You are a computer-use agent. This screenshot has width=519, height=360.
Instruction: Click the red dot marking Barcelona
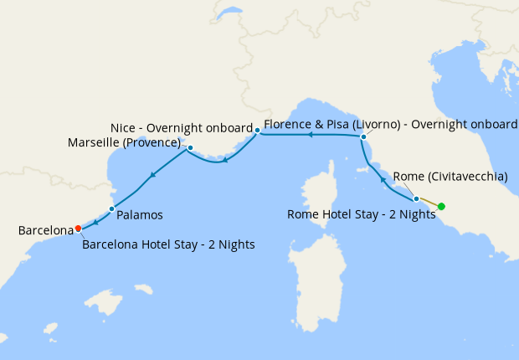(x=78, y=228)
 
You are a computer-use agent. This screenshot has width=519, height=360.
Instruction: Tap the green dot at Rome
(x=441, y=206)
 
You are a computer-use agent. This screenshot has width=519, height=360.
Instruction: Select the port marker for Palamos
(x=111, y=208)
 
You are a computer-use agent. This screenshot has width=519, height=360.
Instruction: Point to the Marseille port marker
(x=191, y=148)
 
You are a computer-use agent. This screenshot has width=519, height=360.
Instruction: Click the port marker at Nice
(x=257, y=130)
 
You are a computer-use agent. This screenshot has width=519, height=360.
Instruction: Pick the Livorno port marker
(x=363, y=136)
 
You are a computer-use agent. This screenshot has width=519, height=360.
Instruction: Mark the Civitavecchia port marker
(x=416, y=198)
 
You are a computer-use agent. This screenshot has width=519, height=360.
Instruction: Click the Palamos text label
(x=140, y=215)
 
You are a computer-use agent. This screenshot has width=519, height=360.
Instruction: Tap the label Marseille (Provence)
(x=126, y=142)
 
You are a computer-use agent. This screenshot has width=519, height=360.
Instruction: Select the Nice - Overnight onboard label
(x=182, y=128)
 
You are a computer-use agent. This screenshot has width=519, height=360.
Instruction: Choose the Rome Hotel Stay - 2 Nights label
(x=361, y=214)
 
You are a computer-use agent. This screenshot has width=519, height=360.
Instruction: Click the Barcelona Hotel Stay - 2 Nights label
(x=168, y=244)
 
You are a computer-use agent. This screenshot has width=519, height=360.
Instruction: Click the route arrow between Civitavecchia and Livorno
(x=383, y=178)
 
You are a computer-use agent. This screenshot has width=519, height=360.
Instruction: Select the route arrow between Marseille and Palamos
(x=152, y=175)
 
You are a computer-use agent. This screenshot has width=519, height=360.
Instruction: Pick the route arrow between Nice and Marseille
(x=225, y=160)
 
